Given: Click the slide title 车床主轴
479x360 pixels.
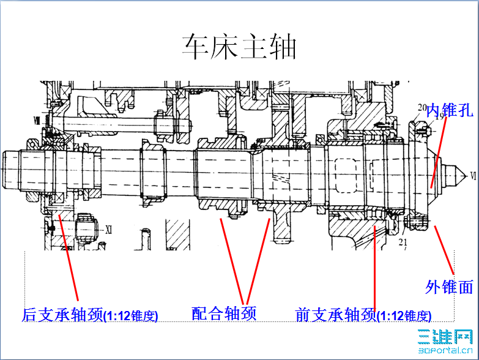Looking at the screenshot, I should pos(239,47).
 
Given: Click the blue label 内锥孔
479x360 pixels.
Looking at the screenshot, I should pos(450,111).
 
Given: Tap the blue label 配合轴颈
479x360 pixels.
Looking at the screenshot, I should pos(224,313).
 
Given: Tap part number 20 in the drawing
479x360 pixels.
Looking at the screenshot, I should pos(421,108).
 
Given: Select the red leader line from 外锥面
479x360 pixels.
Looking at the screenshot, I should pos(445,251).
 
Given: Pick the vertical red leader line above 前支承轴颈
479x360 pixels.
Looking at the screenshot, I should pos(374,269).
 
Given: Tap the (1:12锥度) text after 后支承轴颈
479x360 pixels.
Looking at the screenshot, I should pos(131,317).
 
